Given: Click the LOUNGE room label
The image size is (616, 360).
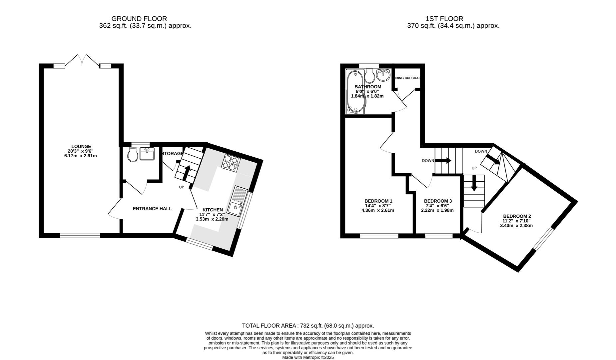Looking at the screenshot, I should point(81,146).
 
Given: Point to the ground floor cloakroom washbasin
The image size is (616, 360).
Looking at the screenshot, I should point(147,154).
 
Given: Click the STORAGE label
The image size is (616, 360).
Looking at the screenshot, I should point(172,154).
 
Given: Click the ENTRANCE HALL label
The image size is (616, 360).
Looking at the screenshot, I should point(152,209).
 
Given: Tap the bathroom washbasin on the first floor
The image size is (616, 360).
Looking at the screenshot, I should point(383,75).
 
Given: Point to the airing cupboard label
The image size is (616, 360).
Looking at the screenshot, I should point(407,78).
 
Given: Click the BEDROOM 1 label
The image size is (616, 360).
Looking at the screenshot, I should point(378,201).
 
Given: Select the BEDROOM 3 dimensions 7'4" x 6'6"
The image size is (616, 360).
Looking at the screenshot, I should point(437,206).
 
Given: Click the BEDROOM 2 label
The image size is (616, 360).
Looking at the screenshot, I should point(517,216).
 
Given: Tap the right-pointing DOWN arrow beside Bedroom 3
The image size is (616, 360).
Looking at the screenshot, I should point(443,161).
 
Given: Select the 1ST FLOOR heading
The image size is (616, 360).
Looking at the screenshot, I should point(444,19).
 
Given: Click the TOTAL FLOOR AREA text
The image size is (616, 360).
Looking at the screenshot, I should point(308,326).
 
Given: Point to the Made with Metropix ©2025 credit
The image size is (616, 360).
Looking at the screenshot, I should point(308,357).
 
